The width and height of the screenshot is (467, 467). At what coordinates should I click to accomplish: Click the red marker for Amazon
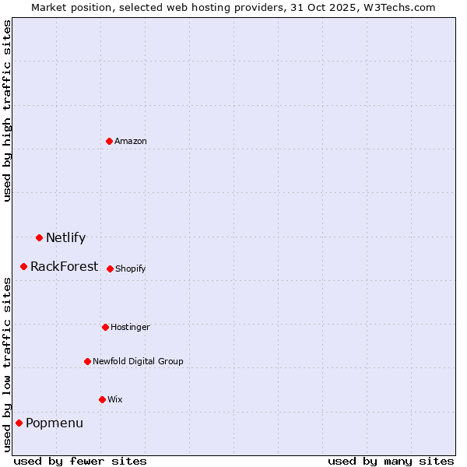coord(110,141)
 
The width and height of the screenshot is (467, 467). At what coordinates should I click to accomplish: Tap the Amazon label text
coord(131,142)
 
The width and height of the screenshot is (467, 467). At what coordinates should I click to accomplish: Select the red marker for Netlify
coord(39,237)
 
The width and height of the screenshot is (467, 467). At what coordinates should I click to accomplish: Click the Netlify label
coord(65,238)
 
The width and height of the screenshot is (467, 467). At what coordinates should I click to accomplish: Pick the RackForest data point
coord(24,266)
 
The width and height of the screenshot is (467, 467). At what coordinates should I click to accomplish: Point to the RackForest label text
coord(64,267)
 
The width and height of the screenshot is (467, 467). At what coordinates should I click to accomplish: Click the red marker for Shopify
coord(110,269)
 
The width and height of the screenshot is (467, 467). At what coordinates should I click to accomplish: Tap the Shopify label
coord(131,269)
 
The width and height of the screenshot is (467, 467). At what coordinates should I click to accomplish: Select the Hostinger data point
coord(105,327)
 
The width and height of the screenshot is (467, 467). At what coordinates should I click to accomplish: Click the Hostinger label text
coord(130,328)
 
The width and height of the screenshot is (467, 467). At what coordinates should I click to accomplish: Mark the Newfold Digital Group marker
coord(87,361)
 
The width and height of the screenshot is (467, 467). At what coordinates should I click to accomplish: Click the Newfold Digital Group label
coord(138,362)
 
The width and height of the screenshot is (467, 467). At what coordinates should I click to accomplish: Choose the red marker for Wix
coord(102,399)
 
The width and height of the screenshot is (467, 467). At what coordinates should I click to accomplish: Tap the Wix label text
coord(115,400)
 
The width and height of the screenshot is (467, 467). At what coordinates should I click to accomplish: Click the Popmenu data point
coord(19,423)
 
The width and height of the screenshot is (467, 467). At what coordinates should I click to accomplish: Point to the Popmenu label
coord(54,423)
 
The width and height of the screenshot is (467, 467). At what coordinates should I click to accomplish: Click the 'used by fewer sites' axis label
coord(80,461)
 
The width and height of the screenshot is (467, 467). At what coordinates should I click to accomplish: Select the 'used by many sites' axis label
coord(391,461)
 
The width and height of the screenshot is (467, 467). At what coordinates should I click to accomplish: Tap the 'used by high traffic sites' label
coord(8,111)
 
